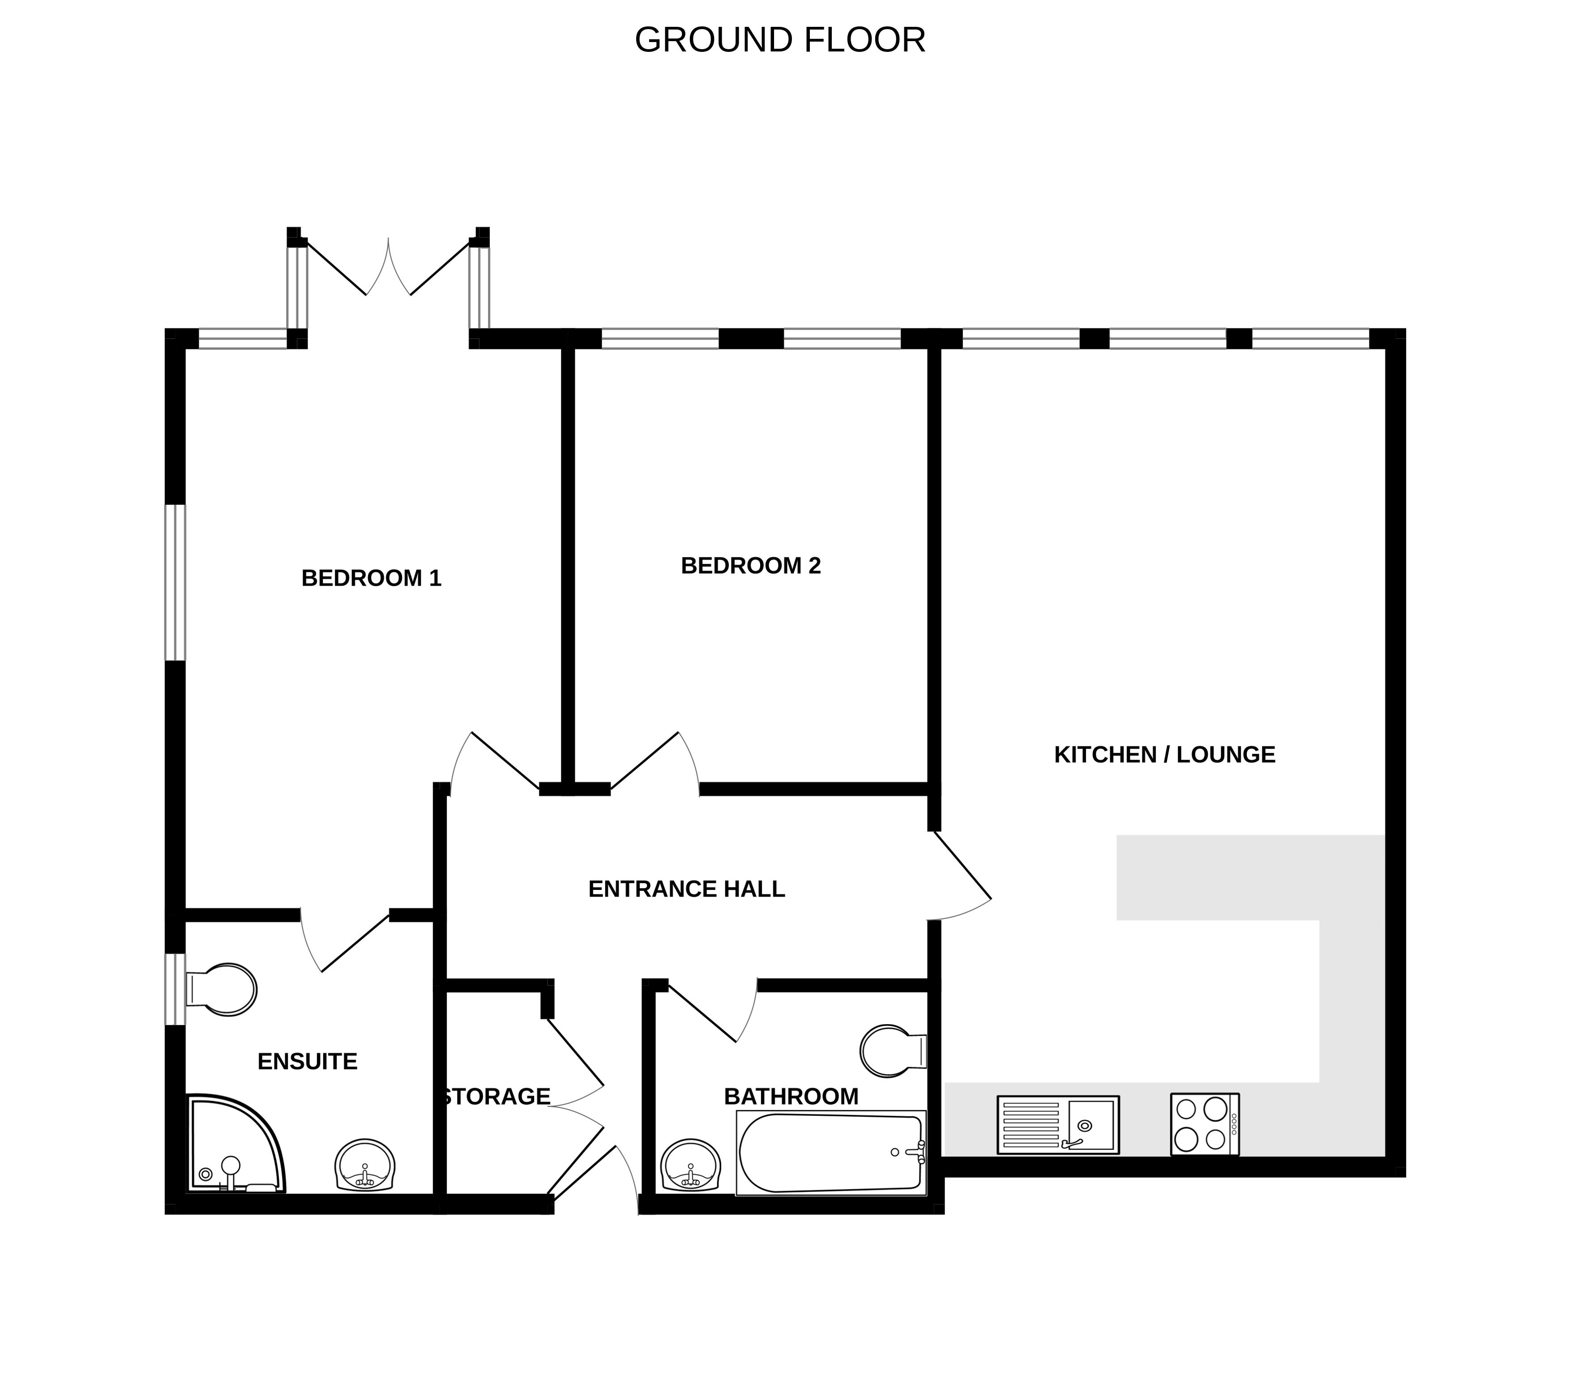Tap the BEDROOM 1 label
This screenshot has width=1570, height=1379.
371,578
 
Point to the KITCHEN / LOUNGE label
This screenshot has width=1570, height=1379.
1164,755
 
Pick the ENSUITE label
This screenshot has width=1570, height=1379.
307,1062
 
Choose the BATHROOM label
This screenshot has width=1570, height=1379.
791,1096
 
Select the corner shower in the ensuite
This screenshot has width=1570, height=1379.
236,1144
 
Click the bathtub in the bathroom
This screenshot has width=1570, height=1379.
831,1153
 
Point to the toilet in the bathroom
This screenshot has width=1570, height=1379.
893,1051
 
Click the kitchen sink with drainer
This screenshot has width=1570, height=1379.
1058,1125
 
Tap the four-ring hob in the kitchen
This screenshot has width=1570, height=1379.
1204,1124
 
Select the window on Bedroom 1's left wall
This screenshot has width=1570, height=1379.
176,582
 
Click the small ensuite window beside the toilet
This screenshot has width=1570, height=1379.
176,989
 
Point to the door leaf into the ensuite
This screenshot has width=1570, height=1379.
355,943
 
